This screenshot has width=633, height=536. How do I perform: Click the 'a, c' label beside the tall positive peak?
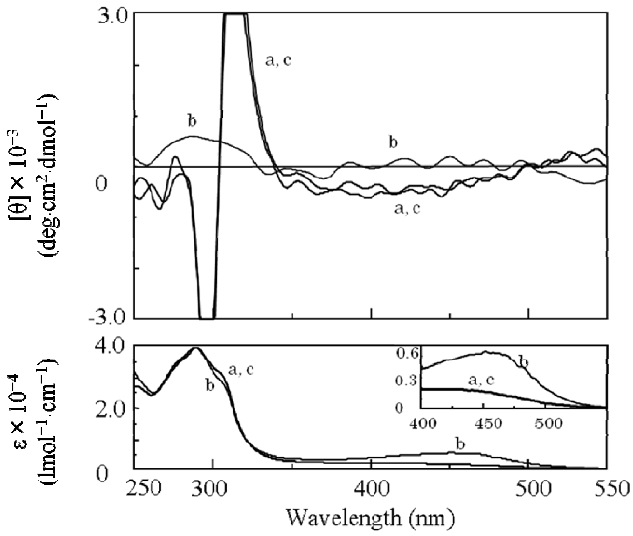click(x=278, y=61)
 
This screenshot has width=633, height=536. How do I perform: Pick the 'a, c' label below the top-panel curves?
click(x=407, y=209)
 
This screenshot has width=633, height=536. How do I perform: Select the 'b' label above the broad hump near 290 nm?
click(x=192, y=121)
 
